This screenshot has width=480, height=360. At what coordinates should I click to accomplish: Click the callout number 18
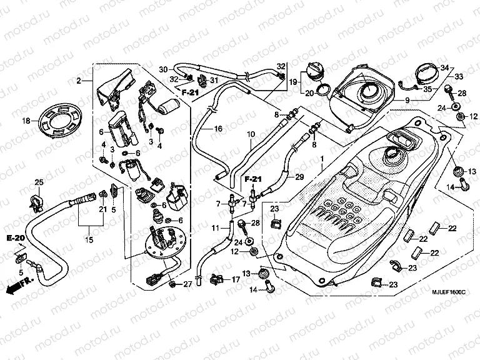click(x=26, y=121)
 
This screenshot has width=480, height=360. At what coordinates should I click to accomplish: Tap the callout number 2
click(x=79, y=81)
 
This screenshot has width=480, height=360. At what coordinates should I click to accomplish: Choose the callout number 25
click(x=38, y=182)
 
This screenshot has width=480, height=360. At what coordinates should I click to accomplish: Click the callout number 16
click(x=218, y=129)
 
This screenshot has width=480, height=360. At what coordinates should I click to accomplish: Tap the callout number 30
click(x=162, y=69)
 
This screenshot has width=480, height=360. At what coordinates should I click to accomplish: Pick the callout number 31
click(x=213, y=80)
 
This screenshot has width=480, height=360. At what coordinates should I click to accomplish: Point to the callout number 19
click(x=292, y=81)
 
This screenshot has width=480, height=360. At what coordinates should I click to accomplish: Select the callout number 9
click(x=406, y=100)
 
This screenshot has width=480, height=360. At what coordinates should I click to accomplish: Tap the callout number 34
click(x=444, y=67)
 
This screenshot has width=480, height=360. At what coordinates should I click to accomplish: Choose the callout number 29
click(x=299, y=177)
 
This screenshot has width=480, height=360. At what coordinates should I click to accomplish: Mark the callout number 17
click(x=236, y=280)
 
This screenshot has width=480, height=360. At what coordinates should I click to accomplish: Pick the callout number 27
click(x=187, y=285)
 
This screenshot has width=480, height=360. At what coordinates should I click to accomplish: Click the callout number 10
click(x=250, y=134)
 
